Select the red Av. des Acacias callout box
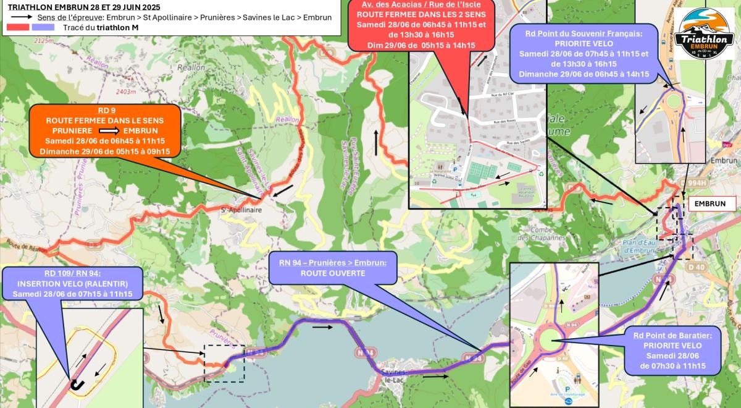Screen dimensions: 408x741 click(x=421, y=25)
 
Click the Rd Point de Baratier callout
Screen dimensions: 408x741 click(x=676, y=351)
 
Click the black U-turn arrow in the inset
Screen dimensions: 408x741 click(x=77, y=384)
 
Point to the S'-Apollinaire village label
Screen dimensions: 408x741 click(x=242, y=210)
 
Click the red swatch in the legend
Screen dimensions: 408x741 click(x=19, y=27)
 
